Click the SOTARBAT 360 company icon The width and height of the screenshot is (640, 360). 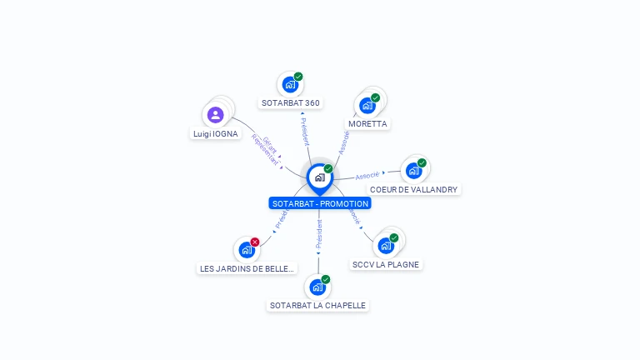[x=290, y=84]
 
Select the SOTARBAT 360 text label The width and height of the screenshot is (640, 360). [x=291, y=103]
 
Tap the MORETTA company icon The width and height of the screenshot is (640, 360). [x=367, y=106]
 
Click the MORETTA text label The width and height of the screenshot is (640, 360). [x=367, y=124]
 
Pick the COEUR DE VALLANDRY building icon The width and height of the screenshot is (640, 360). [x=413, y=171]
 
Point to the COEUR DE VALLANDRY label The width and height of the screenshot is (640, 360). [x=414, y=190]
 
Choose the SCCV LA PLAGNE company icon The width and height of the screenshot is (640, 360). [x=386, y=246]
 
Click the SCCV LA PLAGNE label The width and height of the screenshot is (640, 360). [x=386, y=265]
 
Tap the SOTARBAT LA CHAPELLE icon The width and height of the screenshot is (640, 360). [x=317, y=287]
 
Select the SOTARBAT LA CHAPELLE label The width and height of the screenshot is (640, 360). [x=317, y=306]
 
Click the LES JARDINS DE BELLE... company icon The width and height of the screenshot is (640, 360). [x=247, y=250]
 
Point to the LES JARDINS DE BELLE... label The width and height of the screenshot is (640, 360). [x=247, y=269]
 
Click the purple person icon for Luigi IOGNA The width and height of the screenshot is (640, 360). [x=216, y=115]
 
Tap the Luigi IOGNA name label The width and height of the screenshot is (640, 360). [x=216, y=134]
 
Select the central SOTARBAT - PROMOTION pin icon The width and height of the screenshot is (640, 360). [x=319, y=177]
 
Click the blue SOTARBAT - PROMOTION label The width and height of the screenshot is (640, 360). [x=320, y=203]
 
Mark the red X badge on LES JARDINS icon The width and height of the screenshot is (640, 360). [x=255, y=242]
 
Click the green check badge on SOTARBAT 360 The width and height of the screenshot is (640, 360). [x=298, y=77]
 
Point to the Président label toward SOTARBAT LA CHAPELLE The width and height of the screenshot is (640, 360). [x=318, y=236]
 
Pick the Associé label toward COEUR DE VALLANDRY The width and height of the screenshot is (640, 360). [x=367, y=175]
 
